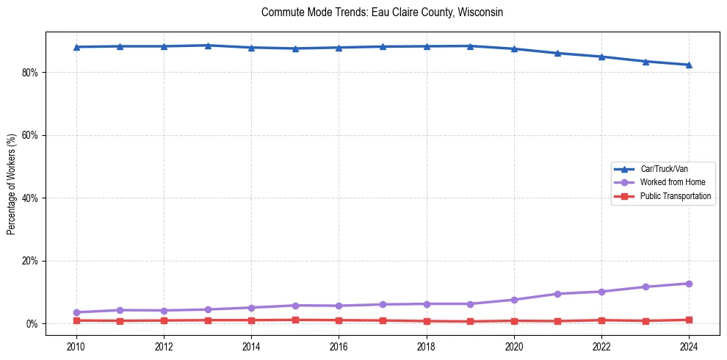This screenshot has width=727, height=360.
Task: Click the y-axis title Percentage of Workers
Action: pyautogui.click(x=12, y=183)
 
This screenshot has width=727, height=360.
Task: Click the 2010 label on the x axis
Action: pyautogui.click(x=76, y=346)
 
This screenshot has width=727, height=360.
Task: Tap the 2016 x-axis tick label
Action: pyautogui.click(x=339, y=346)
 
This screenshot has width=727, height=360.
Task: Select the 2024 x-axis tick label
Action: pyautogui.click(x=689, y=346)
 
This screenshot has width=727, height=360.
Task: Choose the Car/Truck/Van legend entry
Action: pyautogui.click(x=664, y=169)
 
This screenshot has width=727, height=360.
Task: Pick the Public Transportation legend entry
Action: pyautogui.click(x=675, y=196)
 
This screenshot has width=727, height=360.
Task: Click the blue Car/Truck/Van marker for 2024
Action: pyautogui.click(x=689, y=65)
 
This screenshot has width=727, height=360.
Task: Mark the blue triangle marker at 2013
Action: pyautogui.click(x=208, y=46)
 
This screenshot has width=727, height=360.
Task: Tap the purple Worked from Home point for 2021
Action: pyautogui.click(x=557, y=294)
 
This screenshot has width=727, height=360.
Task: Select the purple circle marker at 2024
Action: pyautogui.click(x=689, y=284)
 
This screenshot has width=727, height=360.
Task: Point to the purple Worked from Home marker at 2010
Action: pyautogui.click(x=76, y=312)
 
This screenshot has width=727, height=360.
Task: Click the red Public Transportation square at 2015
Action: pyautogui.click(x=295, y=320)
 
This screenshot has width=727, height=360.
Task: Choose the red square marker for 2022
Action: pyautogui.click(x=601, y=320)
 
